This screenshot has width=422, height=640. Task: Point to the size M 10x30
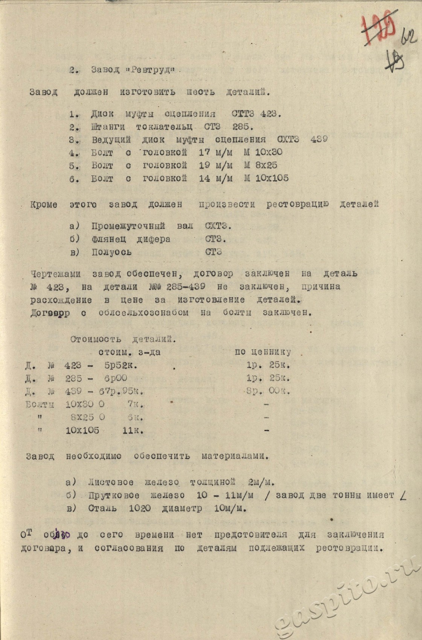pyautogui.click(x=263, y=152)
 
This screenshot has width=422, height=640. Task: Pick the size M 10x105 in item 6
pyautogui.click(x=266, y=178)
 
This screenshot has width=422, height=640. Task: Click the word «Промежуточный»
pyautogui.click(x=128, y=226)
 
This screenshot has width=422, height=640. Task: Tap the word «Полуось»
pyautogui.click(x=111, y=252)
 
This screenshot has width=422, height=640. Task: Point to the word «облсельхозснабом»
pyautogui.click(x=143, y=312)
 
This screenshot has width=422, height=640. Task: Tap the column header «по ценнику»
pyautogui.click(x=263, y=352)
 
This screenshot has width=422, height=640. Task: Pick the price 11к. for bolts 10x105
pyautogui.click(x=133, y=430)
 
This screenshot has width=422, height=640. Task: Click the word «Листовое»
pyautogui.click(x=110, y=482)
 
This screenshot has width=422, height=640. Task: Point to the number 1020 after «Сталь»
pyautogui.click(x=140, y=508)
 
